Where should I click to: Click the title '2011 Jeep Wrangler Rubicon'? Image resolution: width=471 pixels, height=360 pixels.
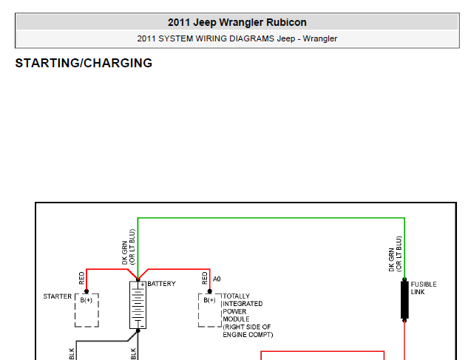pos(237,22)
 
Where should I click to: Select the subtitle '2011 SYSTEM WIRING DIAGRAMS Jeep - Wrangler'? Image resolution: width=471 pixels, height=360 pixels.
pos(237,38)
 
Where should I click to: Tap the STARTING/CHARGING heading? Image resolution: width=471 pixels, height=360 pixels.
pos(84,63)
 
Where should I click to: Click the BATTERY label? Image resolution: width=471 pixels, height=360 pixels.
pos(161,284)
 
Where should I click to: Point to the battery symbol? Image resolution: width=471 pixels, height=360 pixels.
pos(138,305)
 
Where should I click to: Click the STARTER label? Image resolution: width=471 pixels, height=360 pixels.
pos(58,296)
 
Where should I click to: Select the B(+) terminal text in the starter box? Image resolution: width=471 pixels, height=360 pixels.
pos(87,300)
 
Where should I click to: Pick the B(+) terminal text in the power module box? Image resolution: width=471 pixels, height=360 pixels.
pos(209,300)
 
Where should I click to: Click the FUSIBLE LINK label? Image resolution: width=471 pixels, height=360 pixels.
pos(424,288)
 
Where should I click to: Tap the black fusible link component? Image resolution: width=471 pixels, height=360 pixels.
pos(404,299)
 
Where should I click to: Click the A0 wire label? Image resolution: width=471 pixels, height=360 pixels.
pos(217,279)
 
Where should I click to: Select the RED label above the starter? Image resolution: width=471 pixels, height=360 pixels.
pos(81,278)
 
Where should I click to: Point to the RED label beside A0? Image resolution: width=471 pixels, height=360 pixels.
pos(205,278)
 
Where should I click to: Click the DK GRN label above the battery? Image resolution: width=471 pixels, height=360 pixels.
pos(125,253)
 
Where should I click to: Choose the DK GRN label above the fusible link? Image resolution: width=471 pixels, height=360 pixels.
pos(391,259)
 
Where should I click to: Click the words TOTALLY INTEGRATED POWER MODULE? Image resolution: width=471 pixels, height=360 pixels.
pos(243,308)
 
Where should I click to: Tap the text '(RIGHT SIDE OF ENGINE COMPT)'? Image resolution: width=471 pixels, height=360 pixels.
pos(248,330)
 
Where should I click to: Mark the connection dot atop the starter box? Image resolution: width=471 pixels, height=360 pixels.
pos(87,291)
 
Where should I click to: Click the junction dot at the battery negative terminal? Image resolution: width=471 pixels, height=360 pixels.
pos(138,331)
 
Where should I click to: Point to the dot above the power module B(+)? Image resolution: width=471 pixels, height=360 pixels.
pos(210,291)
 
